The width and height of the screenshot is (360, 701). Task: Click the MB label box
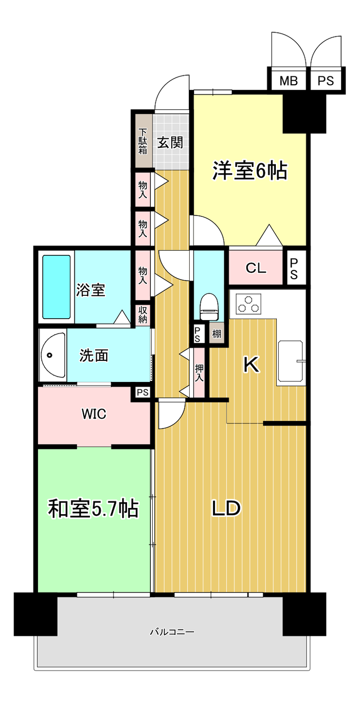click(x=288, y=81)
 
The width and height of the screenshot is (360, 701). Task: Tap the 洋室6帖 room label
click(x=250, y=171)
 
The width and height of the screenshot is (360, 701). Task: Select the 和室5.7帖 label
click(x=93, y=509)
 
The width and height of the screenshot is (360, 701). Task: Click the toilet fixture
click(x=209, y=306)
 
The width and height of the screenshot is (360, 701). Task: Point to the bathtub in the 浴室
click(x=56, y=287)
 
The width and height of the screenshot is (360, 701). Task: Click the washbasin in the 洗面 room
click(x=52, y=355)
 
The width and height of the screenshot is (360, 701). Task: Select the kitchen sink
click(x=290, y=361)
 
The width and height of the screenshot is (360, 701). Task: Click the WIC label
click(x=94, y=413)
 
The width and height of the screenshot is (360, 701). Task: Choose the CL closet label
click(x=256, y=268)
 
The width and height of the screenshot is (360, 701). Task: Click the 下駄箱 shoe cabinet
click(x=143, y=141)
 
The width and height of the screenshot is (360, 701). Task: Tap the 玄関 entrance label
click(x=170, y=143)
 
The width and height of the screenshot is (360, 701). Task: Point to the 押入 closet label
click(x=199, y=373)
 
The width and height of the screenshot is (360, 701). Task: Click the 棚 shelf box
click(x=216, y=334)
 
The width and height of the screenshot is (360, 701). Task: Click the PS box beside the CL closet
click(x=294, y=268)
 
